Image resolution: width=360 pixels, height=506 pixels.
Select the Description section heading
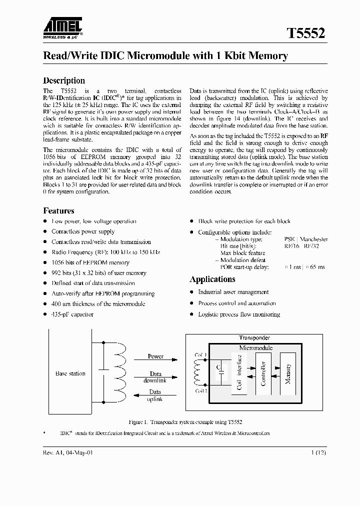64,80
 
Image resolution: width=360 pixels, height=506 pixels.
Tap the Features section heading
58,210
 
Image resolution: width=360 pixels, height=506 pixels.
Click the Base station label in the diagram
70,373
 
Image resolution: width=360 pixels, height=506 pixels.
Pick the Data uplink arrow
155,395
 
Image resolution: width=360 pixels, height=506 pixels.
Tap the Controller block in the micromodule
263,373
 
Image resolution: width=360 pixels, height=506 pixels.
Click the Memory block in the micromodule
288,373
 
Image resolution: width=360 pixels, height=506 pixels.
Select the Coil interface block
239,373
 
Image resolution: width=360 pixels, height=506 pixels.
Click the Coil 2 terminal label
200,390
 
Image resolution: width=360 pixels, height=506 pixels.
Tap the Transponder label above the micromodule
254,337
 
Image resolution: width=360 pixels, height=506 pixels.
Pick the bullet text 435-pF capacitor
72,314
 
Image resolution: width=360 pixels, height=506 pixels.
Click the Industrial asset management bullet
233,292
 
